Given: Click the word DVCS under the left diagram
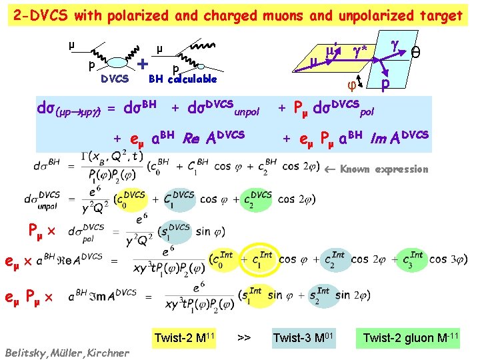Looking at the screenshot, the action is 114,79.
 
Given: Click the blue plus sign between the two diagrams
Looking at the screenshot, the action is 143,64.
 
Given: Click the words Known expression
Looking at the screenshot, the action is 384,169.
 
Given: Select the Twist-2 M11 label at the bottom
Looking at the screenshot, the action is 183,339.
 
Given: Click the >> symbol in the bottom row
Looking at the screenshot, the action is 244,339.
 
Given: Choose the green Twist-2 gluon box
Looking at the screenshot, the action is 411,339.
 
